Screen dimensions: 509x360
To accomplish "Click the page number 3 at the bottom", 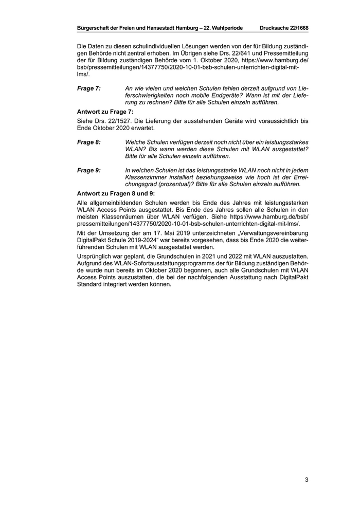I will point(306,480).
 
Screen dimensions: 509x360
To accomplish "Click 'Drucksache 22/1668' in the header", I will point(284,27).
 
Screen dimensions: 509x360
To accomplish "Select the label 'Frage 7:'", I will point(88,89).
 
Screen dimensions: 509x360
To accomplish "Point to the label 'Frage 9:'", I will point(88,170).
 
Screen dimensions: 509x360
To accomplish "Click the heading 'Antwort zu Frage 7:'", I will point(105,112).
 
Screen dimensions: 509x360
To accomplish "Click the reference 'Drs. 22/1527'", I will point(113,121).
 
